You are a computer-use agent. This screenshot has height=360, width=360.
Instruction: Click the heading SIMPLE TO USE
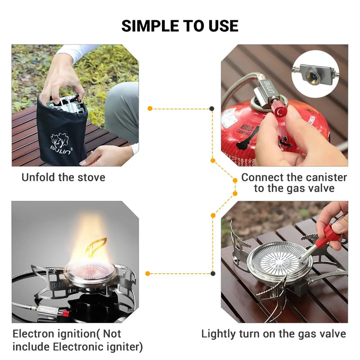(x=180, y=26)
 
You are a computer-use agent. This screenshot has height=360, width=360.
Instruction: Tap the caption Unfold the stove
(x=63, y=177)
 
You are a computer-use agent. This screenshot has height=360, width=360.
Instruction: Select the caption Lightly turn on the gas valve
(x=274, y=333)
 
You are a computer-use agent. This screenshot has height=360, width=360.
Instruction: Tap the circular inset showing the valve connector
(x=315, y=74)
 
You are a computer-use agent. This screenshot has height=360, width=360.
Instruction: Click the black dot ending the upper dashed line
(x=212, y=108)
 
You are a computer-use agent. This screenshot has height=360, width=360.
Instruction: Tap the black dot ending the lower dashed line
(x=212, y=273)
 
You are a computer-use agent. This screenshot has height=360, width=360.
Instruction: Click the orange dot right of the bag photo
(x=150, y=108)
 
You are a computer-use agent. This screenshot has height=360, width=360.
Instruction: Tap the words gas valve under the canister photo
(x=310, y=189)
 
